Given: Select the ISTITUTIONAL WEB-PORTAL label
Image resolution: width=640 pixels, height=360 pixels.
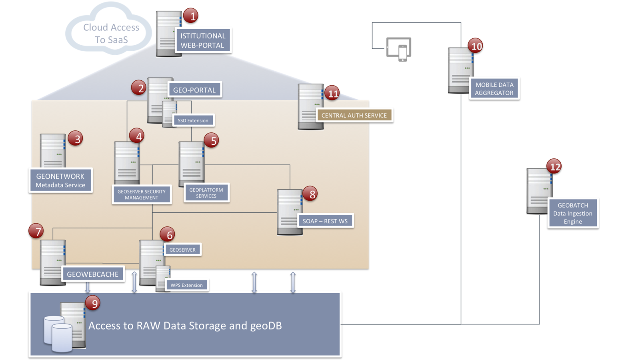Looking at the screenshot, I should click(203, 40).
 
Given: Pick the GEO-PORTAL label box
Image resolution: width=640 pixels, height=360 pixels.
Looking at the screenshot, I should click(194, 90).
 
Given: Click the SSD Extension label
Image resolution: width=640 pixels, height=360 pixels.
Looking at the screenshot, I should click(193, 120).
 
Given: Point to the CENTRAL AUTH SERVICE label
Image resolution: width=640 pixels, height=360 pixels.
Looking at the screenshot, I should click(354, 115).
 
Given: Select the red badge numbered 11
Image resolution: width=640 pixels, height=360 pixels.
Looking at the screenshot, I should click(332, 94).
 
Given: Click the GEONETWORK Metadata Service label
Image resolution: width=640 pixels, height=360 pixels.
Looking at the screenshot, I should click(60, 180).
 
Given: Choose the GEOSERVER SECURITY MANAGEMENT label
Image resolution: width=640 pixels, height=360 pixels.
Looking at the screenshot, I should click(142, 194).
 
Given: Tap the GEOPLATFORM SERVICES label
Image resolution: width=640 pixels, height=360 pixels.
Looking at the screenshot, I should click(206, 193).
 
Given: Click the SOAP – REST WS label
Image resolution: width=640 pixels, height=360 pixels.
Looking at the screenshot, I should click(325, 221).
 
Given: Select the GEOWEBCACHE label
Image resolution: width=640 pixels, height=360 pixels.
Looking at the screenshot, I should click(93, 274).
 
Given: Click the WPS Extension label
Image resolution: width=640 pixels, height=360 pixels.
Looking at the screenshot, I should click(187, 285).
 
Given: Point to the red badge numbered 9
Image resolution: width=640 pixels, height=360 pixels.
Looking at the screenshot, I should click(94, 303).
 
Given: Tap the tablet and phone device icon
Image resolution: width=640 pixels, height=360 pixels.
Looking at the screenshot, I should click(399, 49).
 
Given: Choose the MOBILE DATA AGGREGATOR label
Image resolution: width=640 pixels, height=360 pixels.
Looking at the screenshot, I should click(494, 89).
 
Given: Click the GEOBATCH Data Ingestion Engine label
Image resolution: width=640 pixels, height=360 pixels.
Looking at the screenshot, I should click(573, 213).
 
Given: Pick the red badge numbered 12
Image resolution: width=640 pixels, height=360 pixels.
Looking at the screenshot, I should click(555, 167).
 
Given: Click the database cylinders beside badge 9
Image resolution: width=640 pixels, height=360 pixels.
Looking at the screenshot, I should click(58, 334).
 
